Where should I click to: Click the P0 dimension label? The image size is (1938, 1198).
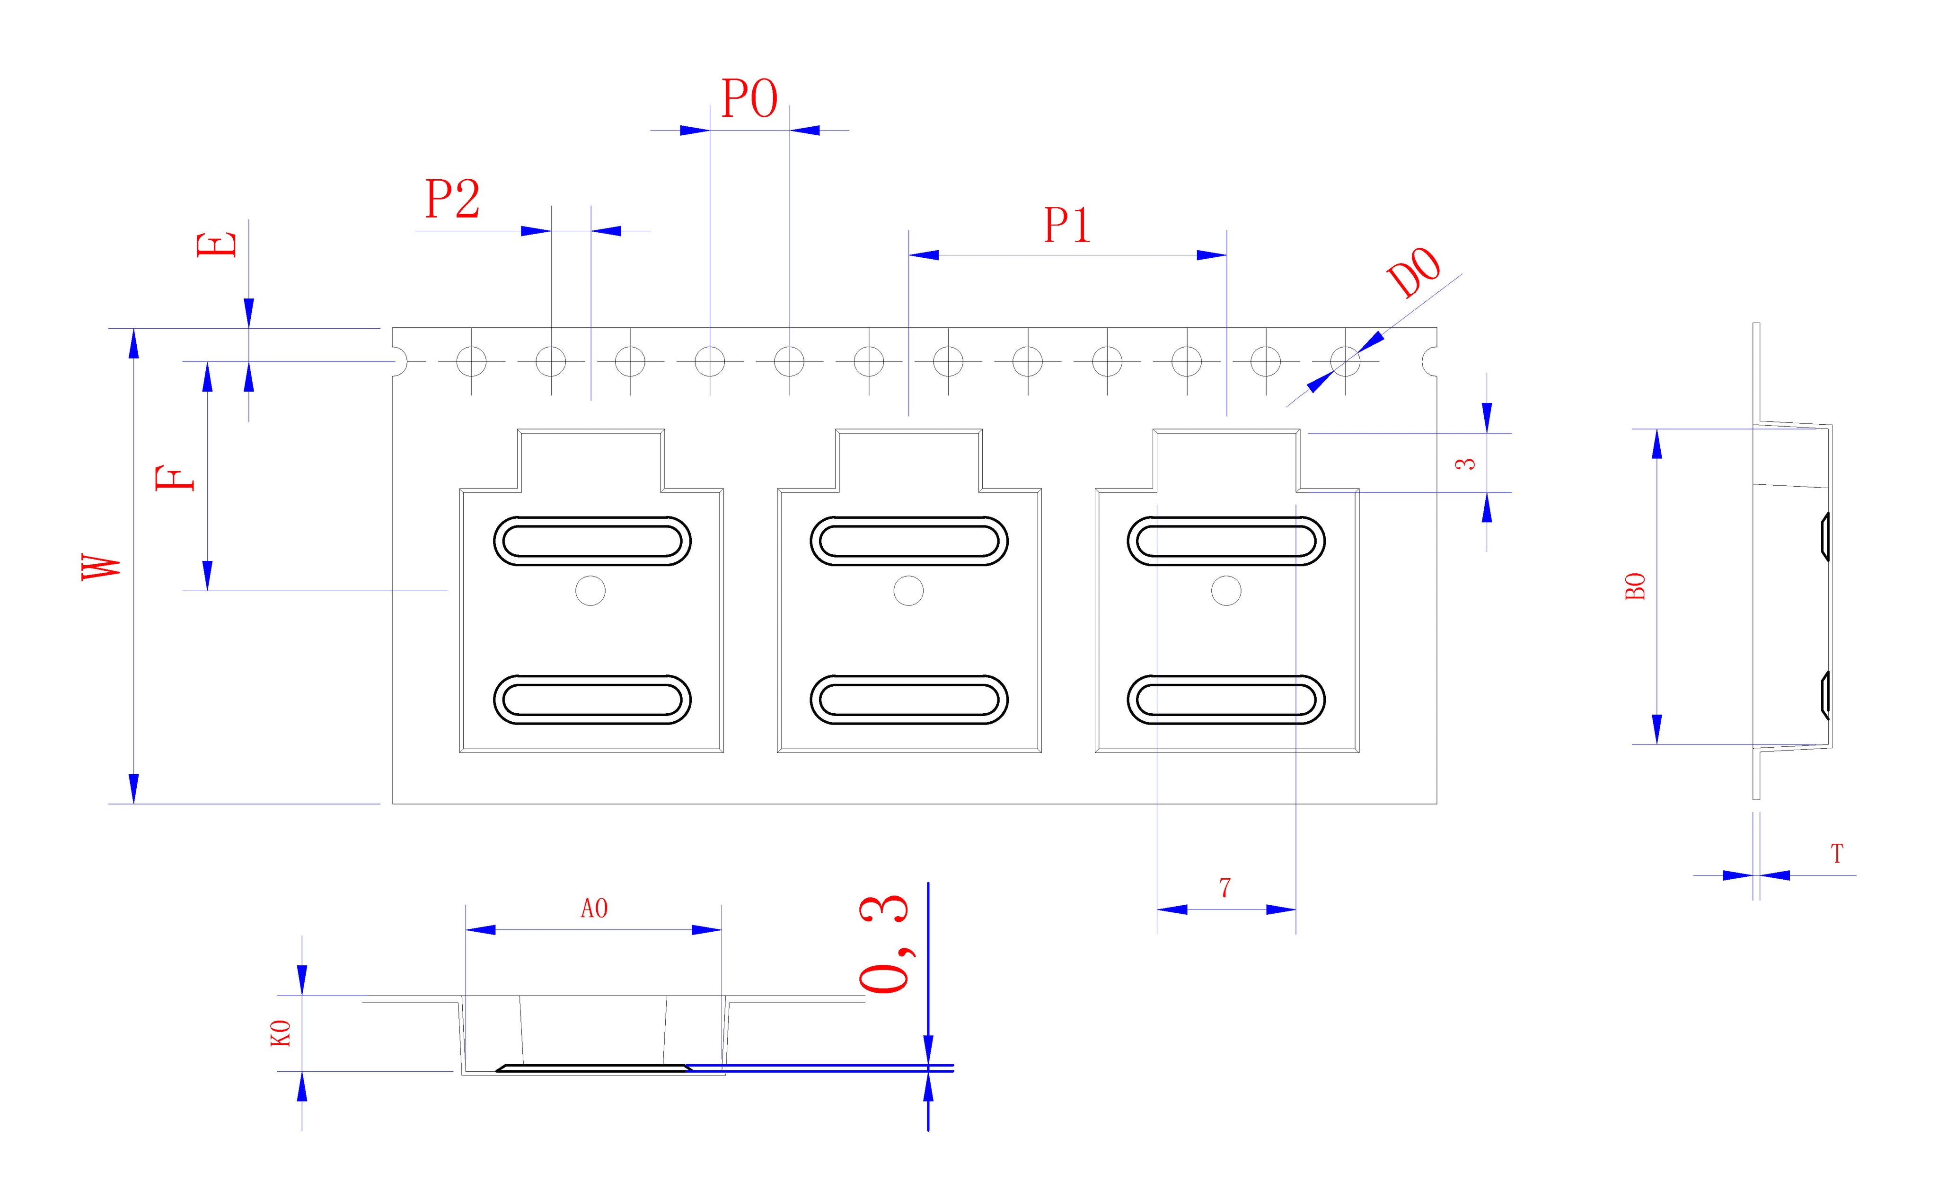tap(749, 99)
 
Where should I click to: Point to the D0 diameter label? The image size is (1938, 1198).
tap(1414, 272)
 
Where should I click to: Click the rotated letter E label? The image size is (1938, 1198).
tap(216, 244)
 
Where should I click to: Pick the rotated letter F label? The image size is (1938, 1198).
tap(175, 479)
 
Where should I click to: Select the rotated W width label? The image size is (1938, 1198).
tap(101, 567)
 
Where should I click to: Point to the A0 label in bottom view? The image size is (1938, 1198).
tap(594, 908)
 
